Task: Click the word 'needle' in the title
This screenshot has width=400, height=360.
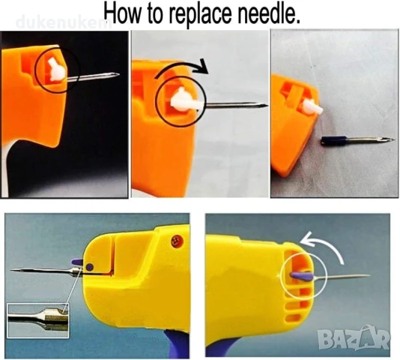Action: (x=269, y=13)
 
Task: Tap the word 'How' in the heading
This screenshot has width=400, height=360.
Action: (x=123, y=13)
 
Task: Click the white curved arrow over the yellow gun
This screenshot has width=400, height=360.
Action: (x=324, y=243)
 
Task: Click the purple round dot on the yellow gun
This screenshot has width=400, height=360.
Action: (x=90, y=268)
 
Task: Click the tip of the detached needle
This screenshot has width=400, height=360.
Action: (x=396, y=139)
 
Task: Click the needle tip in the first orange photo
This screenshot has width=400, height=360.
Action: (x=118, y=74)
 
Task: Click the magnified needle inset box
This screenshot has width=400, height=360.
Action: (x=37, y=320)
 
